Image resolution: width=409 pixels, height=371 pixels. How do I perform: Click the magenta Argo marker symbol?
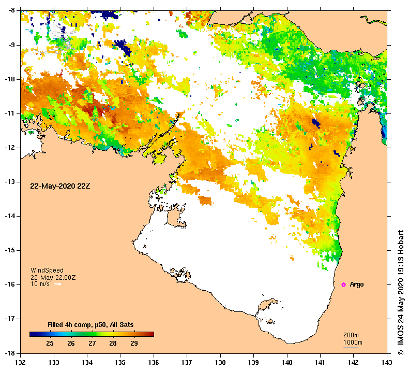point(344,284)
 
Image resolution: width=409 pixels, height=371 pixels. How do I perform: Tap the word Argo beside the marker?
point(357,284)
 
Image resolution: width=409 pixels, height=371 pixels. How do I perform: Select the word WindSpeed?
point(47,270)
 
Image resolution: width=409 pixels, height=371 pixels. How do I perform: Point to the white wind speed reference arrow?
point(57,284)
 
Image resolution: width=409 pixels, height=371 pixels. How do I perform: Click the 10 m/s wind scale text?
point(40,284)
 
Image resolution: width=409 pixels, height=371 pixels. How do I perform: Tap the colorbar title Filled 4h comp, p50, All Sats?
point(90,325)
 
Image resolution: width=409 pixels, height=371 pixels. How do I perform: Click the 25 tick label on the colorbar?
point(50,344)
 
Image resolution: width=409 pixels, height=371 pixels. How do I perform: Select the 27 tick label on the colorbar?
point(92,344)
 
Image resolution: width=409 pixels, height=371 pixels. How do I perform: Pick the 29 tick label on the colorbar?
point(133,344)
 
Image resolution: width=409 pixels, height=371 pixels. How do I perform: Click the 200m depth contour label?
point(353,335)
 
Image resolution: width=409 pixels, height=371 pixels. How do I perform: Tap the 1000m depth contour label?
point(353,343)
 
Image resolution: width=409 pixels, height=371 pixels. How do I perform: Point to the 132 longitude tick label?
point(21,363)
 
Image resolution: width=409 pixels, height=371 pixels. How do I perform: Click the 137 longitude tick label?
point(187,363)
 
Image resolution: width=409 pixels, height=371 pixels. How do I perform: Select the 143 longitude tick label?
point(386,363)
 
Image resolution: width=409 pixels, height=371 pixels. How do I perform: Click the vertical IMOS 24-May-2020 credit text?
point(400,293)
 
